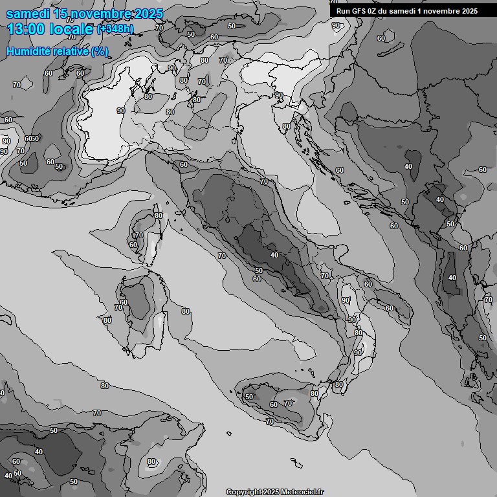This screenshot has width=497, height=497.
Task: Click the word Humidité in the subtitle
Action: pos(28,51)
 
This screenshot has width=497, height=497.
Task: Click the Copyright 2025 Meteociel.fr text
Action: pos(275,492)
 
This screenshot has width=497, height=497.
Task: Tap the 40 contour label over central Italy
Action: pos(274,255)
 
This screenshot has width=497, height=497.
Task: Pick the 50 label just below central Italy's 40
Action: pos(259,271)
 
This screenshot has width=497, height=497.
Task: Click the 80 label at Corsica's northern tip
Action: pos(158,215)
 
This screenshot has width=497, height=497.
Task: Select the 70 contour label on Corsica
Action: pos(138,235)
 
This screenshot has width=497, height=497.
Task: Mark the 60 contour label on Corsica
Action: pos(133,245)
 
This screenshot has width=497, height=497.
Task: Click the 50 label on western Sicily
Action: pos(249,397)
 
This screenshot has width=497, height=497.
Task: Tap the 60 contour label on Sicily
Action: pos(274,404)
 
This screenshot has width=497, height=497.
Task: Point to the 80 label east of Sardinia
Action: pos(186,311)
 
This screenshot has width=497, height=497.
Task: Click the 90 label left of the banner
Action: pos(336,25)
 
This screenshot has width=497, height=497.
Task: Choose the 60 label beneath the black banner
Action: pos(381,38)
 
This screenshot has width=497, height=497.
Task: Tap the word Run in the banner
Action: pos(343,10)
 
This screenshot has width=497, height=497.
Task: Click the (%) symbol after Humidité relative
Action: pos(100,51)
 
